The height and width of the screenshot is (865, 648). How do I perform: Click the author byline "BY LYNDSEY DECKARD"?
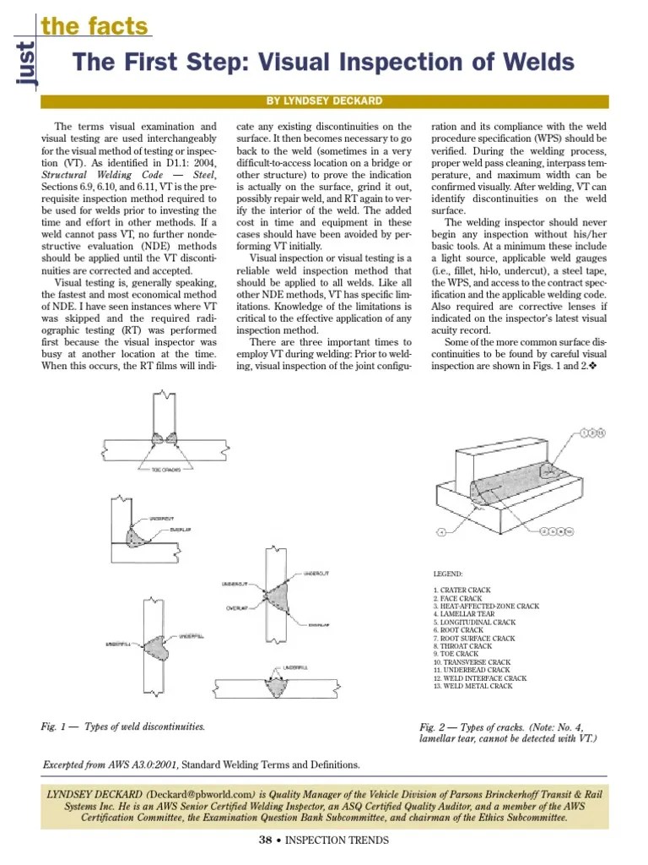(x=324, y=101)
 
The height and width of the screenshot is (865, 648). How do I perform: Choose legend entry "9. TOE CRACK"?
(x=456, y=654)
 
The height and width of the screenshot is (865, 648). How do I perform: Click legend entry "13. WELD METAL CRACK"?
(x=472, y=686)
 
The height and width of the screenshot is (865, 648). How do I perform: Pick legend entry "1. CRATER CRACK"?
(x=462, y=590)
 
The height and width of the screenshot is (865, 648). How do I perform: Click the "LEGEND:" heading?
(x=447, y=574)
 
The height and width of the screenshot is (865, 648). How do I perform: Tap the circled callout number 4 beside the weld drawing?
(x=441, y=532)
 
